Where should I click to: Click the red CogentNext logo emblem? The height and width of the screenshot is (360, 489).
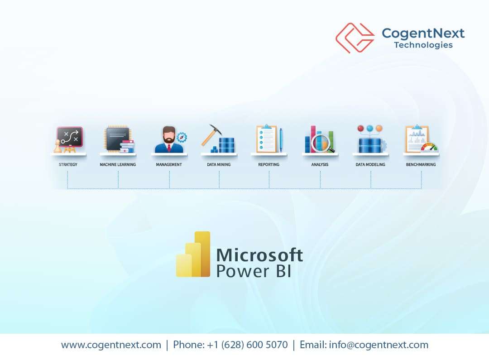(355, 38)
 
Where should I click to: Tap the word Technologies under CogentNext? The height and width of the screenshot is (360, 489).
(423, 45)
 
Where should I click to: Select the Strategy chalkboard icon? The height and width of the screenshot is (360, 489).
(69, 137)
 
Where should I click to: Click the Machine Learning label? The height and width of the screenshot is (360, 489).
(118, 165)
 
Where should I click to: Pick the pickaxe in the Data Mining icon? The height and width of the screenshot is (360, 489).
(211, 134)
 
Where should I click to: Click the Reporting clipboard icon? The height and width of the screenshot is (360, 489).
(266, 139)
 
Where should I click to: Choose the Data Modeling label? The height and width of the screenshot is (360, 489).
(370, 165)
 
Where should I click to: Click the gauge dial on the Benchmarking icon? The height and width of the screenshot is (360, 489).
(429, 147)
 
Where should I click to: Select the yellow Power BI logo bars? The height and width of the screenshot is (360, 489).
(194, 254)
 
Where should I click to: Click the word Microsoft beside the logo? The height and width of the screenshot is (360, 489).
(259, 255)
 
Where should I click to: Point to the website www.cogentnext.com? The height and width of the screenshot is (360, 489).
(111, 345)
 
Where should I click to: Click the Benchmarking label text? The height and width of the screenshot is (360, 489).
(421, 165)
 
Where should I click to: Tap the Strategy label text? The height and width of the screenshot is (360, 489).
(68, 165)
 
